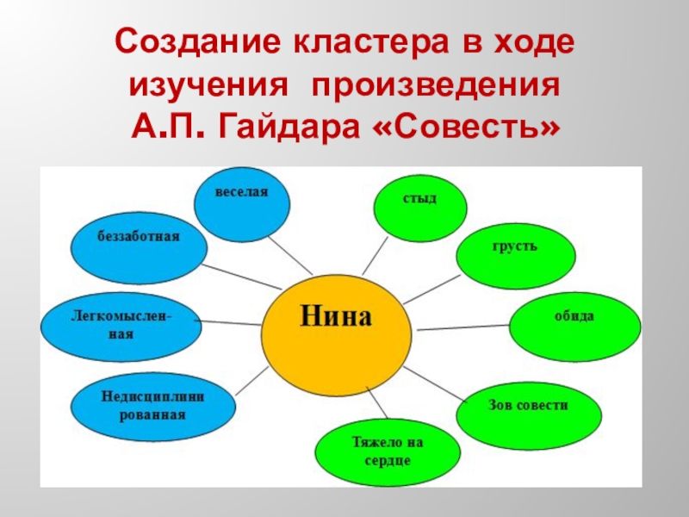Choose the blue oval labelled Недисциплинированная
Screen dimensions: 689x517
pos(142,406)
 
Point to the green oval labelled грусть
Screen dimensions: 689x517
pos(514,253)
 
